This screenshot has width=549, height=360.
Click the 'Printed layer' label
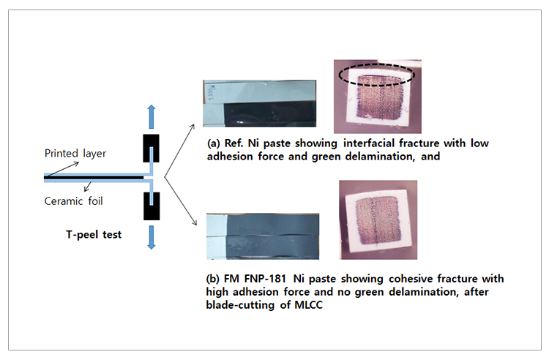coord(75,154)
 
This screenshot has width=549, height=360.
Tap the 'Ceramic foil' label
coord(73,201)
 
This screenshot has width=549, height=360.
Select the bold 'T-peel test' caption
coord(94,234)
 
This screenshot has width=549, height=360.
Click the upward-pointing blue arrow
coord(152,116)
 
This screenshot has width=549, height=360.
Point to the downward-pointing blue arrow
coord(152,237)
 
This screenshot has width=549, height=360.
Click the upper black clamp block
coord(152,149)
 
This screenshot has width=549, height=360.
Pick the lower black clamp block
coord(152,206)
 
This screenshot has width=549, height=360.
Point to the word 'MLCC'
coord(308,305)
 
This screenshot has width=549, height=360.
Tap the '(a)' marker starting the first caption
coord(214,143)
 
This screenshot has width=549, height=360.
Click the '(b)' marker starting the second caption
coord(212,280)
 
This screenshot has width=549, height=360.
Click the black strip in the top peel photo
coord(269,113)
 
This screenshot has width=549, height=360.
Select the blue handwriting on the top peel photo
coord(211,91)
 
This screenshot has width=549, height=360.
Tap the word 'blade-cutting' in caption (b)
coord(240,305)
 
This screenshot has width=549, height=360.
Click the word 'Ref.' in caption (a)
coord(234,143)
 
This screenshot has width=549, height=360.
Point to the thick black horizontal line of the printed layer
coord(94,178)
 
